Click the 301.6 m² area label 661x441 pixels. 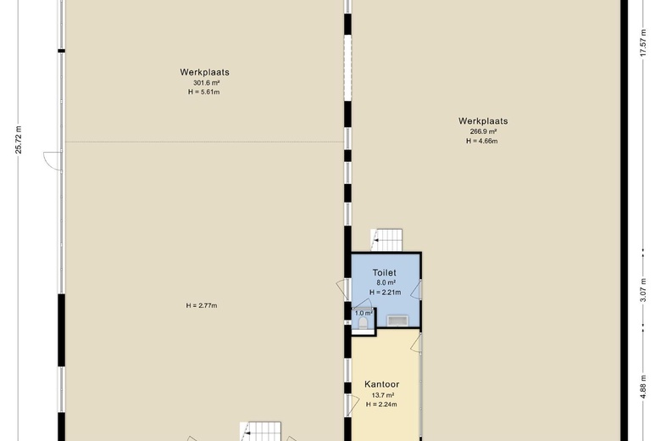(x=206, y=83)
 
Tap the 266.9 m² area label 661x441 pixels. (x=483, y=131)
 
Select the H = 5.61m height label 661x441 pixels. (x=204, y=92)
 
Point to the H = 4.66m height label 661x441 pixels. (x=482, y=141)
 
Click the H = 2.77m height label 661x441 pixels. (x=202, y=305)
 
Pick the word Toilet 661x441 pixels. (x=384, y=272)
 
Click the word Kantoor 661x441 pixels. (x=382, y=384)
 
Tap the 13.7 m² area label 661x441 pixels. (x=383, y=395)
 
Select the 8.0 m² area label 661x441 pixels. (x=386, y=282)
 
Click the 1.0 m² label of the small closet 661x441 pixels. (x=364, y=313)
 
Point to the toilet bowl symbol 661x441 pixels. (x=363, y=323)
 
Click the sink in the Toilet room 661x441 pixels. (x=397, y=321)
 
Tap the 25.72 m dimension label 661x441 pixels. (x=19, y=140)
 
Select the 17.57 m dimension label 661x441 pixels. (x=643, y=42)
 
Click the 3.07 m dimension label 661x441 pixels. (x=643, y=290)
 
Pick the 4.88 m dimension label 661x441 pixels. (x=643, y=387)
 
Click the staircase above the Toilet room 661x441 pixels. (x=386, y=240)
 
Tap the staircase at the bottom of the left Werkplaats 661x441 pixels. (x=260, y=432)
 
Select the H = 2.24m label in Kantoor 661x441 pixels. (x=381, y=405)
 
